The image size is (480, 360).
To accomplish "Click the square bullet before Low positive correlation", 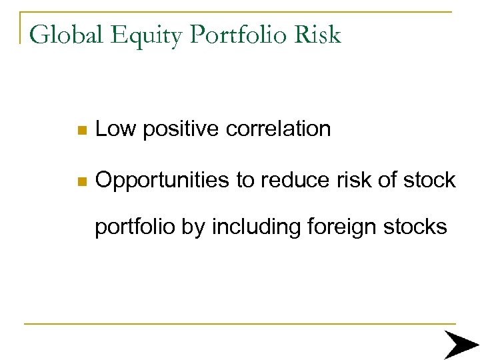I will [81, 130].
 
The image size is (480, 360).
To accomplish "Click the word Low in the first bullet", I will [115, 129].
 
